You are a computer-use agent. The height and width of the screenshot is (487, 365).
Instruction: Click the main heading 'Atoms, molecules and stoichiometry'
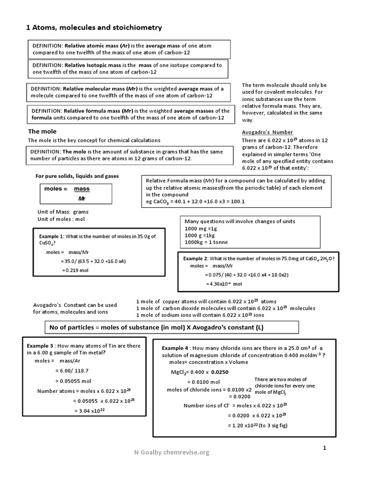coord(94,28)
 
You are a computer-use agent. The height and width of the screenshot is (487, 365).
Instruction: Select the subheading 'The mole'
coord(42,131)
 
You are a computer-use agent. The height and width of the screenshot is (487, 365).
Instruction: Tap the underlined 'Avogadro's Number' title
coord(267,132)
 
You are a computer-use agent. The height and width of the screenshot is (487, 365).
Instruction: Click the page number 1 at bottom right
coord(325,448)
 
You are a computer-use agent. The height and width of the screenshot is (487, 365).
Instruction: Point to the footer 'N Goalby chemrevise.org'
coord(172,452)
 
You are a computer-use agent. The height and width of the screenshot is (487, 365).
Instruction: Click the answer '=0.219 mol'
coord(75,270)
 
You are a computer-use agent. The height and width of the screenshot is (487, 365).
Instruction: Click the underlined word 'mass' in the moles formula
coord(82,189)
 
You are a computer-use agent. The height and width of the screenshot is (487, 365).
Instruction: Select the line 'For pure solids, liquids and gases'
coord(77,176)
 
